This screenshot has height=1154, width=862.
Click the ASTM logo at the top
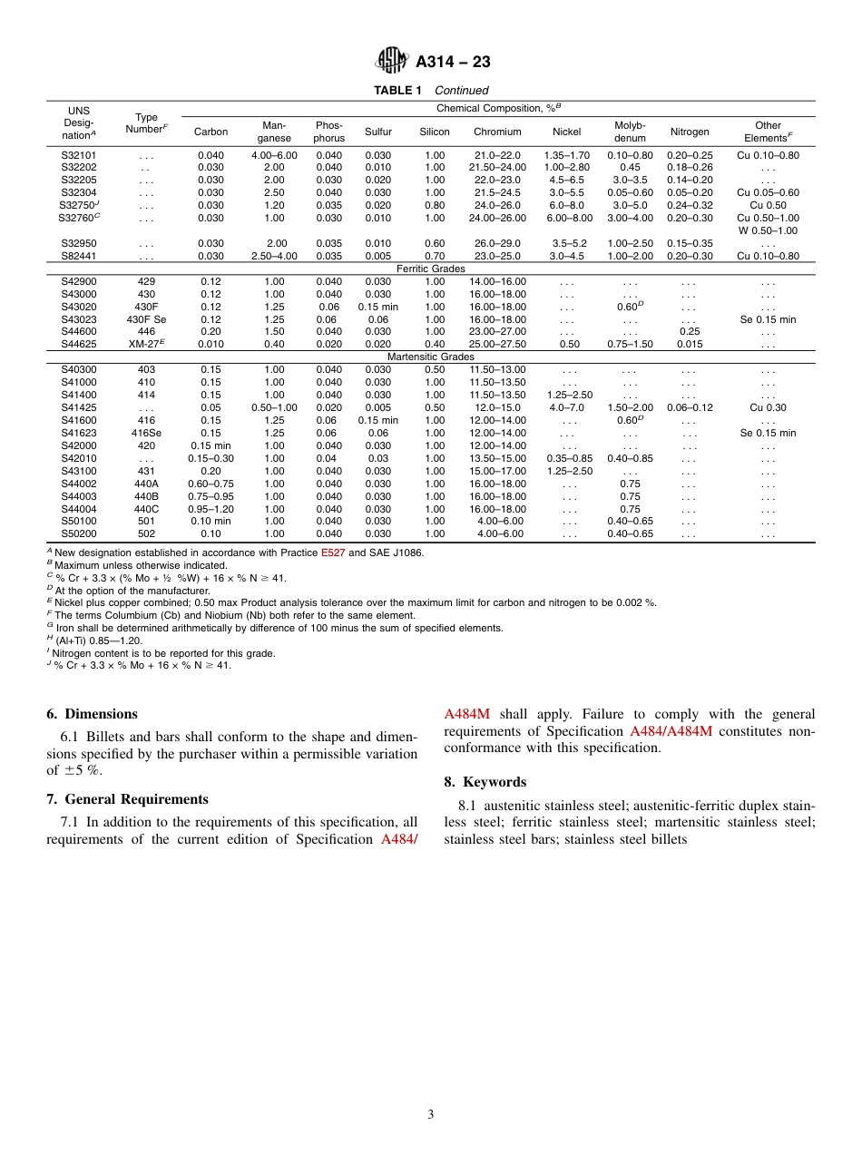(x=392, y=61)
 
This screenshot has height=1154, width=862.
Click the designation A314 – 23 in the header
(x=453, y=62)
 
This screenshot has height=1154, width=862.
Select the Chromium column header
(x=497, y=132)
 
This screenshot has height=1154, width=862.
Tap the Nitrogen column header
(x=690, y=132)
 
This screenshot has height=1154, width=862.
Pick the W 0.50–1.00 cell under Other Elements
(x=768, y=230)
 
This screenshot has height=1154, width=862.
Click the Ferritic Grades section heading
(x=431, y=269)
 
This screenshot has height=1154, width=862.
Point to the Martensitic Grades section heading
(x=431, y=357)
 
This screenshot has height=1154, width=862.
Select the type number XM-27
(x=146, y=345)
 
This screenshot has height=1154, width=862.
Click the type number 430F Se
(x=146, y=319)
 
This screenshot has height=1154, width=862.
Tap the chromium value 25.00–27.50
(x=497, y=345)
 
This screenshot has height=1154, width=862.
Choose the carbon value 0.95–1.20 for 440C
(x=211, y=509)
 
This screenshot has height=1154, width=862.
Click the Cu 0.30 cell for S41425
(x=768, y=407)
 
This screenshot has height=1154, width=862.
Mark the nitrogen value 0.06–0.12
(x=690, y=407)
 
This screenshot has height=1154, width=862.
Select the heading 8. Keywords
(x=485, y=782)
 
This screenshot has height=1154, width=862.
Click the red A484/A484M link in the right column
(x=671, y=731)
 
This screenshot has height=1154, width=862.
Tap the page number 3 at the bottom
(x=431, y=1115)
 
